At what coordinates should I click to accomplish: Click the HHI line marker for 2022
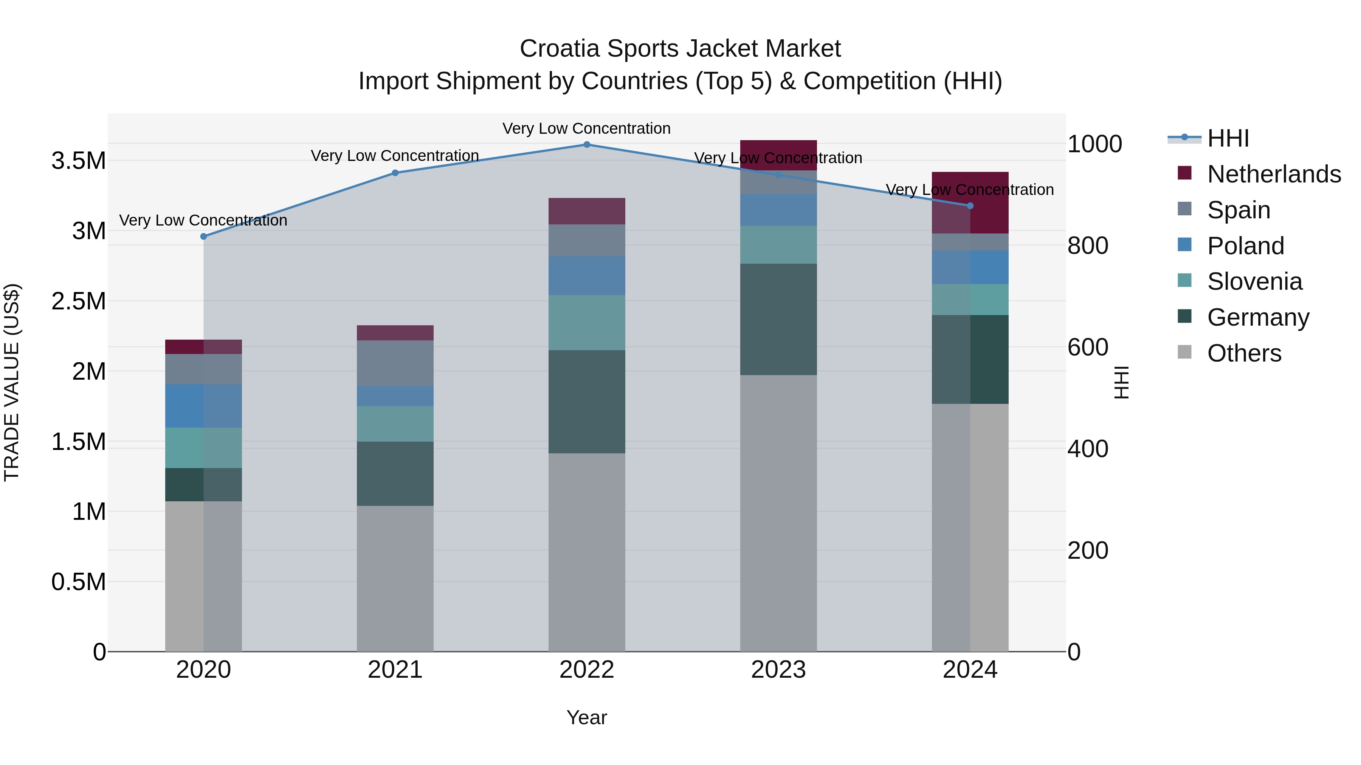pos(586,144)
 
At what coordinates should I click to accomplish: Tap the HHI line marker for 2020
pos(203,236)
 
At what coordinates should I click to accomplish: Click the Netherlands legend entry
pos(1273,174)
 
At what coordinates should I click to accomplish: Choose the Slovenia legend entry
pos(1254,281)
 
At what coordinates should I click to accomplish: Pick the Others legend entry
pos(1244,353)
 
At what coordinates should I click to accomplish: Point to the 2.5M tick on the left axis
pos(78,301)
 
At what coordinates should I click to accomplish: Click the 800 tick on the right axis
pos(1087,246)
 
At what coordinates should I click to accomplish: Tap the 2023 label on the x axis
pos(778,670)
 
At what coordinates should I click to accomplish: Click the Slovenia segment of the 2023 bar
pos(778,244)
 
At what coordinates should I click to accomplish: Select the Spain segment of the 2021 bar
pos(395,363)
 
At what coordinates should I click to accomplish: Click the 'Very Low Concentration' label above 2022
pos(586,128)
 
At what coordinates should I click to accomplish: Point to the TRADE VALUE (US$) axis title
pos(12,382)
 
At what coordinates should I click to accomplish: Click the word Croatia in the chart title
pos(560,49)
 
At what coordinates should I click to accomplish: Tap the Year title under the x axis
pos(586,717)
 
